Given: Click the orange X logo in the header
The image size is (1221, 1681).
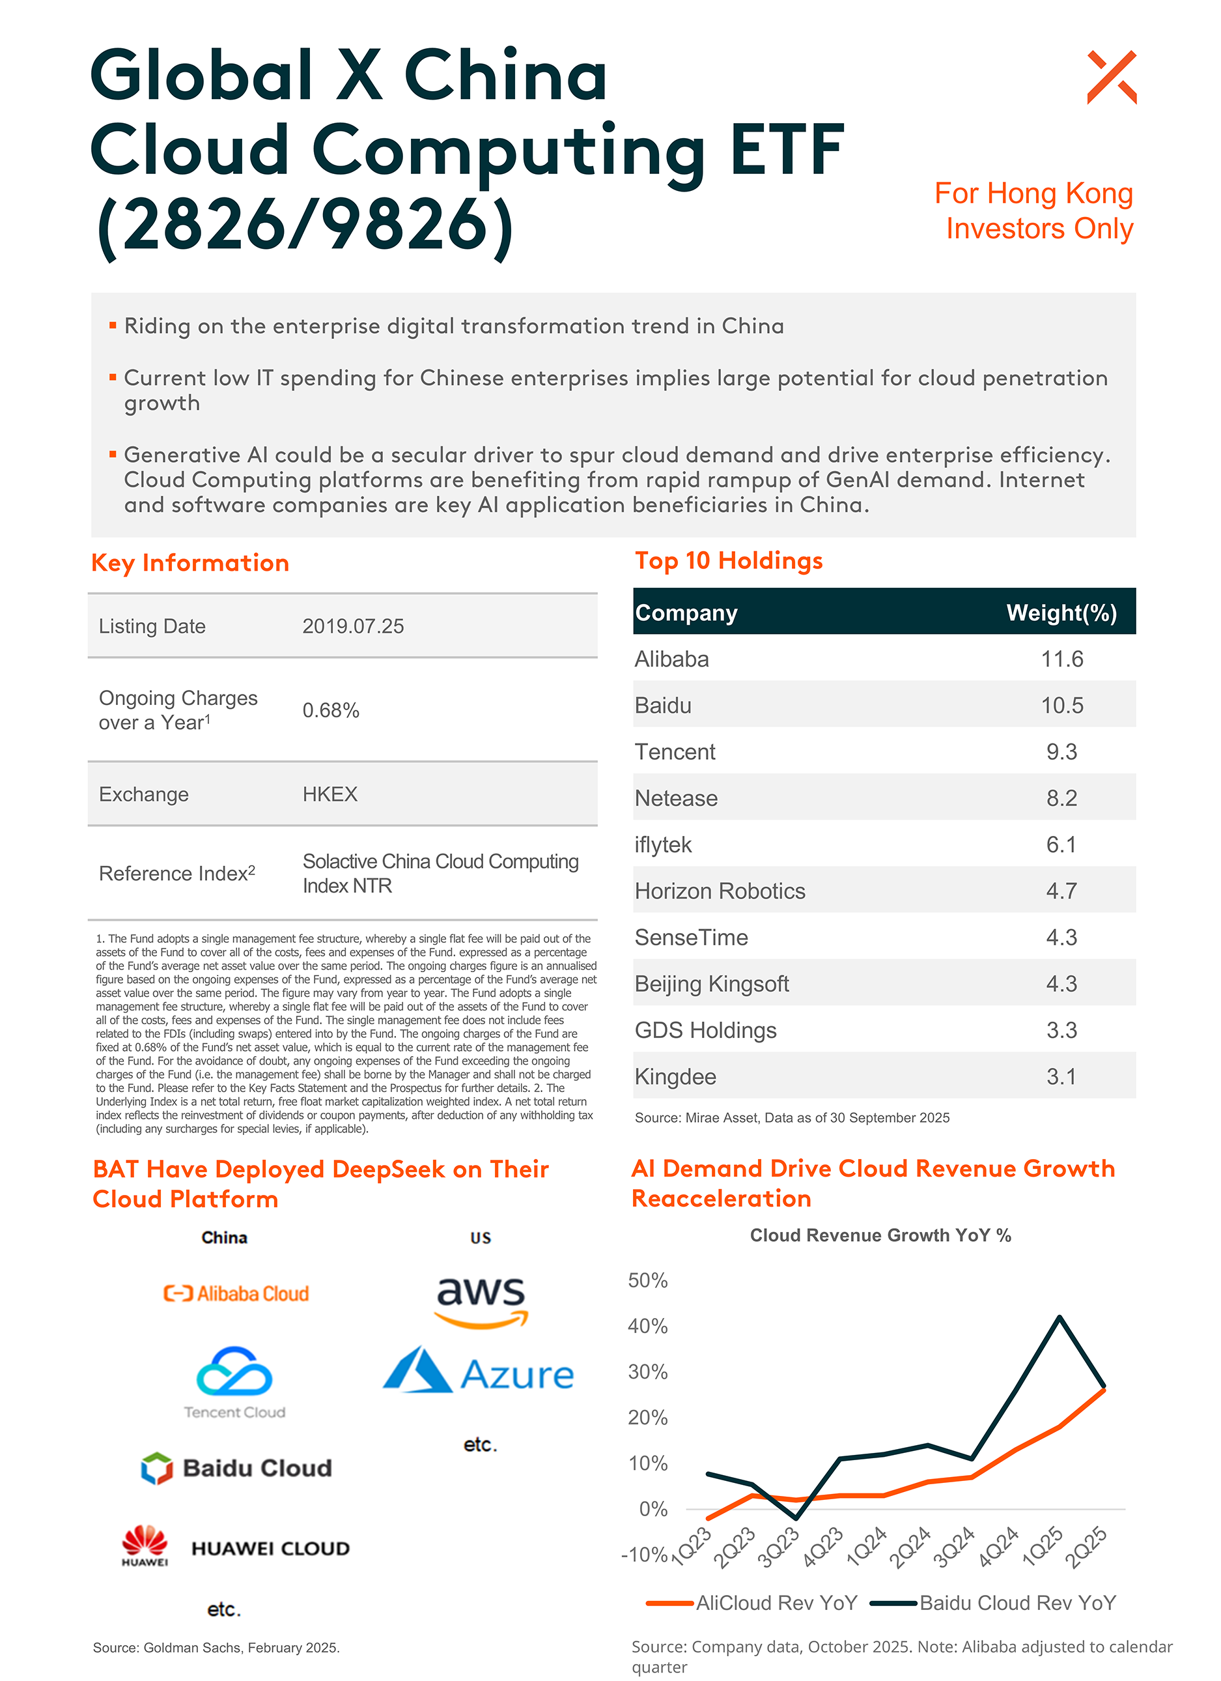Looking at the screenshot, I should coord(1112,77).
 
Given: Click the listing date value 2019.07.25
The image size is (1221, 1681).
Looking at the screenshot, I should coord(353,626).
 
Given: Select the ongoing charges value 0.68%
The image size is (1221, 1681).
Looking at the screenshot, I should coord(330,710).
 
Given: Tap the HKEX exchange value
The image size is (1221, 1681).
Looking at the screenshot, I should coord(330,794).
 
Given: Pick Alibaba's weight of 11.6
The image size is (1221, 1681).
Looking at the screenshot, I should coord(1061,659).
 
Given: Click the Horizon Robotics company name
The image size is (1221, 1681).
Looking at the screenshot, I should coord(720,891).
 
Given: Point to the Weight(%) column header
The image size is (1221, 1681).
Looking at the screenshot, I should coord(1061,613).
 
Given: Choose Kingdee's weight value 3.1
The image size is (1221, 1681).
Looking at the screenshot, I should coord(1061,1076).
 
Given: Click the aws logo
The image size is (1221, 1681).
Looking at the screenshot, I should coord(481,1300).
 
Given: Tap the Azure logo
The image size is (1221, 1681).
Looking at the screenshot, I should coord(479,1373).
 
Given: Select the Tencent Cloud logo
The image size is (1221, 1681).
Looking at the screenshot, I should coord(234,1383).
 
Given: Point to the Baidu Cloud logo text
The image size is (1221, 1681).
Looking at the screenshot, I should coord(257,1469).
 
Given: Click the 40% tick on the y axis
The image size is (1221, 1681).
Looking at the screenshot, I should coord(647,1326).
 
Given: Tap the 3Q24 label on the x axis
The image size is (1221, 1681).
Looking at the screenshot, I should coord(953,1547).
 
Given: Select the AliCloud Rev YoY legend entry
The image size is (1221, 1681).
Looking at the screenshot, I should coord(752,1603).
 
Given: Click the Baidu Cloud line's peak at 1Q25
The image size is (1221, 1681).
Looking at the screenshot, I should coord(1060,1317).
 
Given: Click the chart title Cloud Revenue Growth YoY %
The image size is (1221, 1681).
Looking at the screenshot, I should coord(880,1235).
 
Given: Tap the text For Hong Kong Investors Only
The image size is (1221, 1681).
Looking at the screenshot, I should coord(1034,211).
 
